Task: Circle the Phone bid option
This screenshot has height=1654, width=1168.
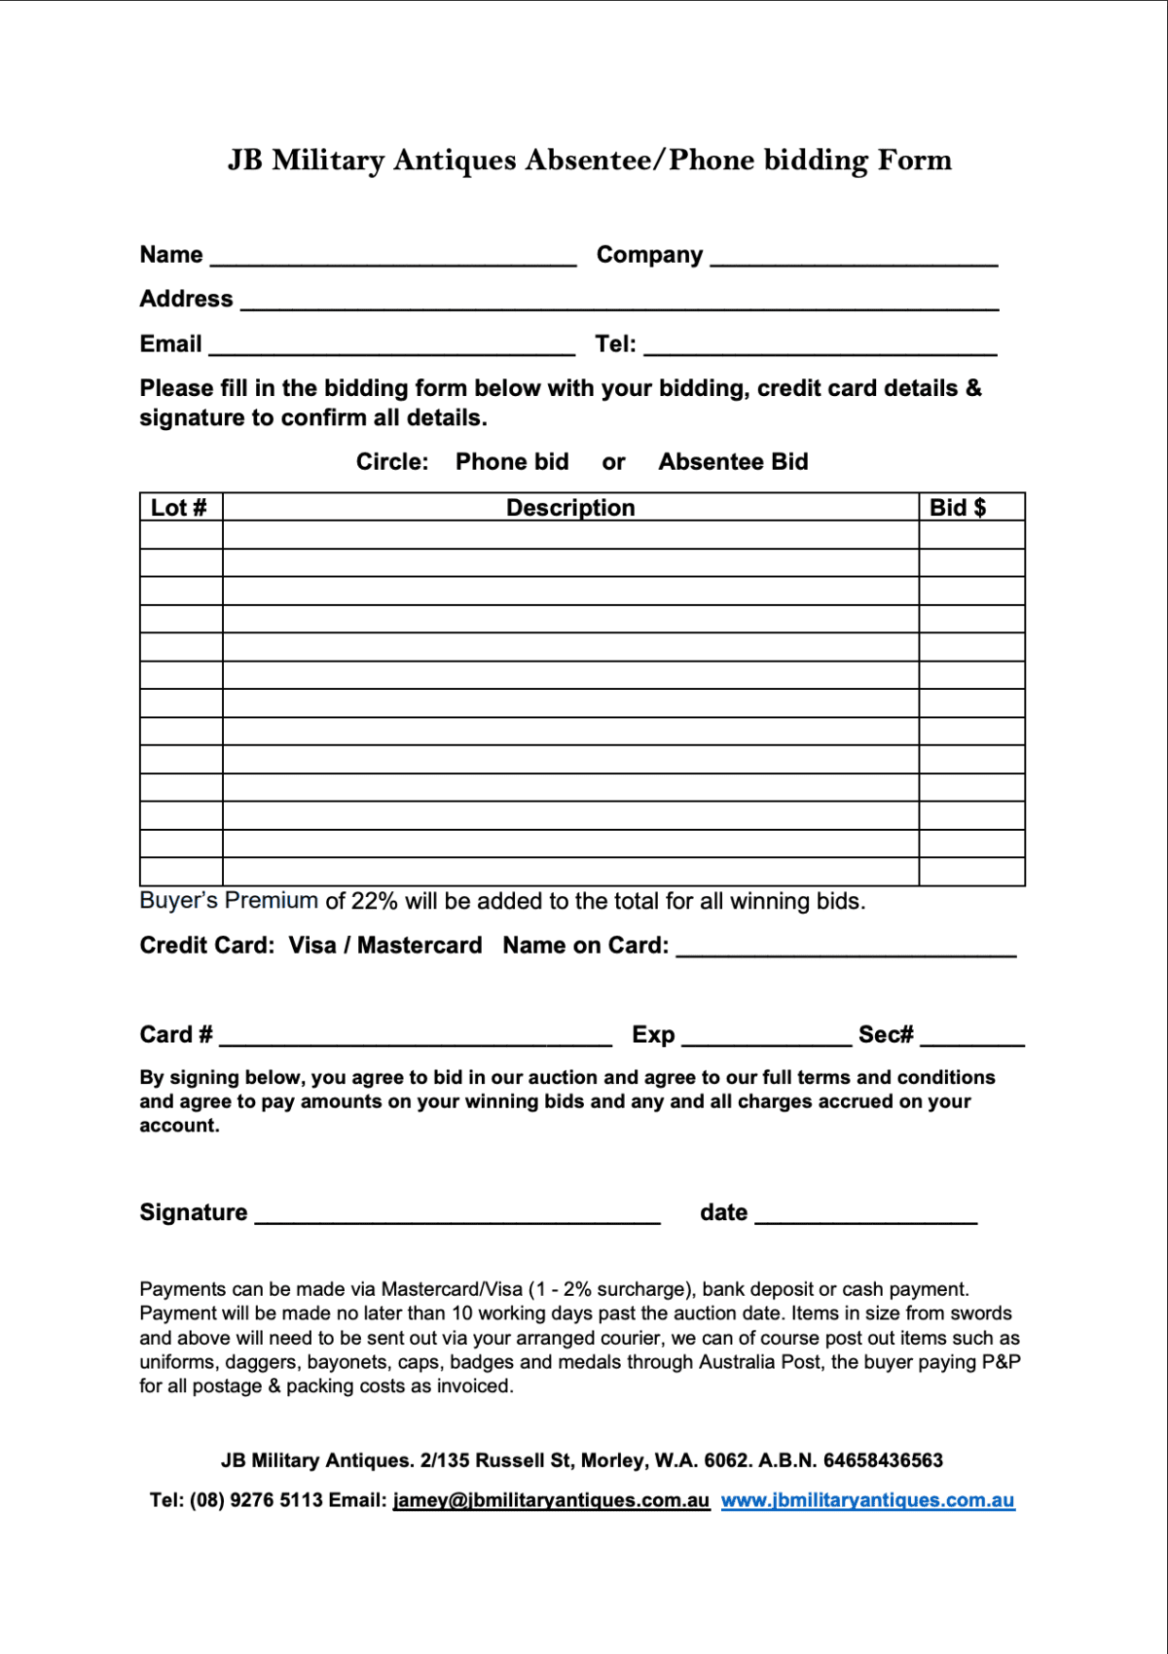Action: (x=512, y=462)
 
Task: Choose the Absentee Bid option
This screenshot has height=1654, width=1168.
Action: (x=733, y=462)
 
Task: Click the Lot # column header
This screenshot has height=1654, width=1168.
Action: (x=179, y=508)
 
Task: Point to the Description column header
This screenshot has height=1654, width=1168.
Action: (x=570, y=508)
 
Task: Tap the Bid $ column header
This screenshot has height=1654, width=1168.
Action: (x=958, y=508)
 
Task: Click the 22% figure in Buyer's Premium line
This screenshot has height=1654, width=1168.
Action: (x=374, y=902)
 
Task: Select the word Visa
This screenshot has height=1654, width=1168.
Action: (x=312, y=946)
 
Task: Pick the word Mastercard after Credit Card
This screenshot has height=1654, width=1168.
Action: (x=420, y=946)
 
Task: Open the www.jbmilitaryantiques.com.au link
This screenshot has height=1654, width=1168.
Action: (x=867, y=1500)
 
